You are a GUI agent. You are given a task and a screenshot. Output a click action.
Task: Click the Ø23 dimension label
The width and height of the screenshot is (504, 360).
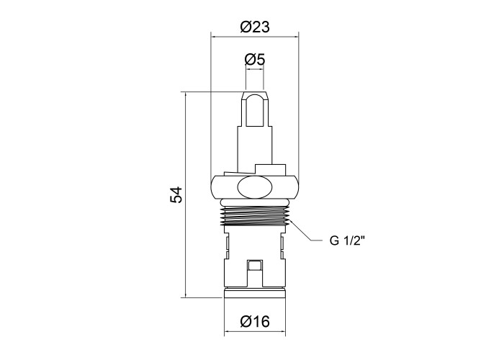click(255, 27)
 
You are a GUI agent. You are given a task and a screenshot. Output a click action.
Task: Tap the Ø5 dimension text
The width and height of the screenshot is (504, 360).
click(255, 59)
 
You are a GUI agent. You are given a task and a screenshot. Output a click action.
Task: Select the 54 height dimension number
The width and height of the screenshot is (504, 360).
click(176, 194)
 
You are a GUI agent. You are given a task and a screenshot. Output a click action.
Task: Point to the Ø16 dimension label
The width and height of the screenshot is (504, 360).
click(255, 321)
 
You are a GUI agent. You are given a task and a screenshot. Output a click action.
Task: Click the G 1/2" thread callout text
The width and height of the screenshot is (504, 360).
click(347, 240)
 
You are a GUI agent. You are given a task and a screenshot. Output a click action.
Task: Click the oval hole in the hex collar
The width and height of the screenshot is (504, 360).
click(255, 186)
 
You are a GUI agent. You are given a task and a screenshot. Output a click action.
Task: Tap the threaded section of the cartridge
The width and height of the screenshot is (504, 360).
click(255, 216)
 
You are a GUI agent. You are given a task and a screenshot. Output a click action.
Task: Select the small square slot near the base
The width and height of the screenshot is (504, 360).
click(255, 266)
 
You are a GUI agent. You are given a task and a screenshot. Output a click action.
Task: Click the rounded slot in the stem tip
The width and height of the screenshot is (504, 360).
click(255, 109)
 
